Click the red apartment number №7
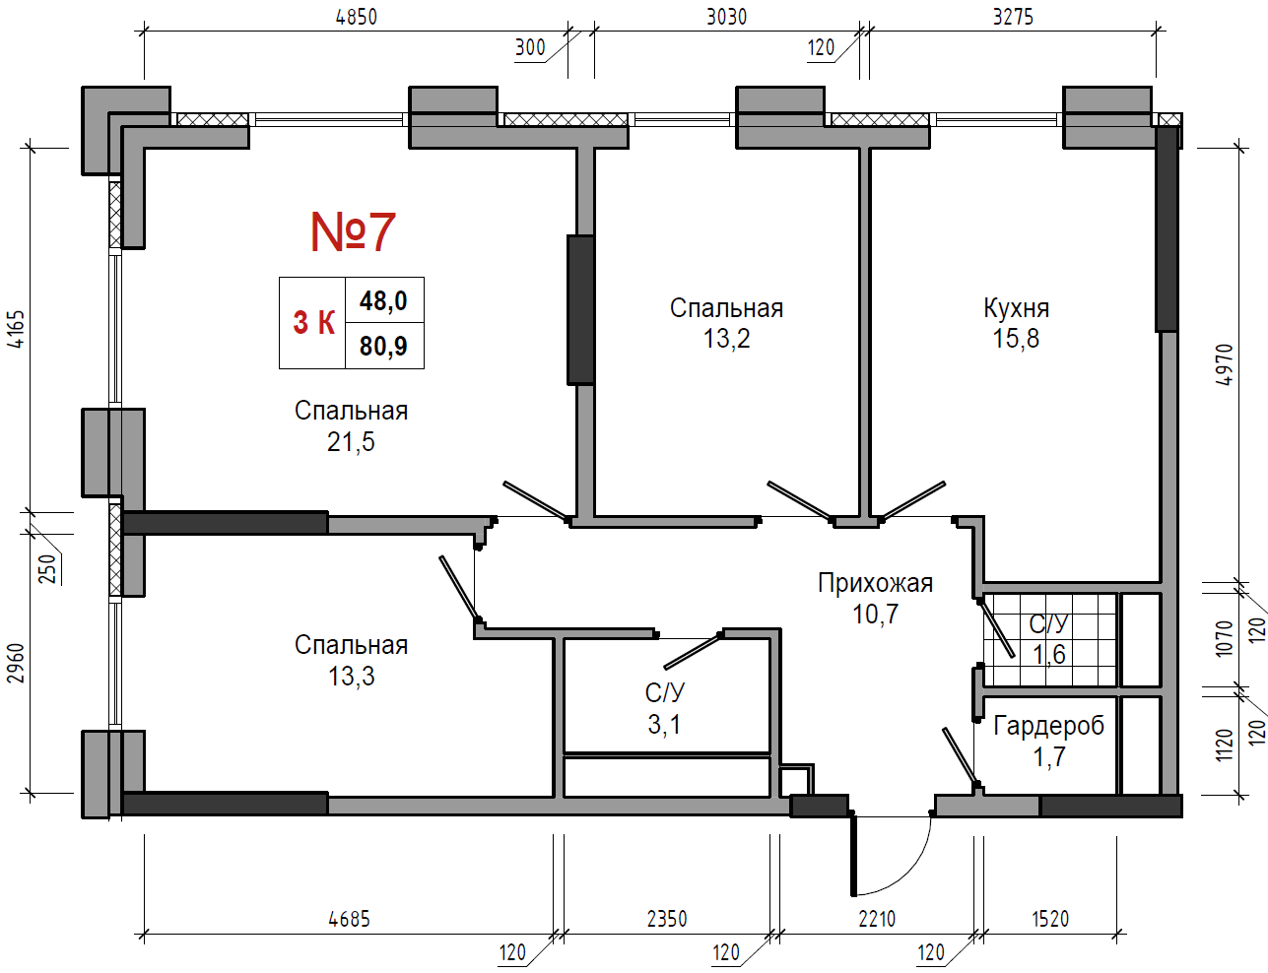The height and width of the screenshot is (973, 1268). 353,231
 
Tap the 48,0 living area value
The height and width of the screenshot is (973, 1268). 383,300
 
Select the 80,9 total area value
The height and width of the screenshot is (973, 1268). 383,346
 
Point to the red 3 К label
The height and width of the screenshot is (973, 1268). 314,322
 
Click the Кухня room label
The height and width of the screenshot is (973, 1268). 1016,308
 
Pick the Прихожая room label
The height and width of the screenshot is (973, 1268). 875,583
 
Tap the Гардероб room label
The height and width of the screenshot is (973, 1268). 1048,726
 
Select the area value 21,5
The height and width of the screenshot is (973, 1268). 351,442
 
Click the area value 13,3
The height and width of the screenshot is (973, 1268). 352,677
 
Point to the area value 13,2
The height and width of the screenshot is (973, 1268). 726,338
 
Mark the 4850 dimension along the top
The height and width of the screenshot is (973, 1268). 357,17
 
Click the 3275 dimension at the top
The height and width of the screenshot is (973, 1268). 1014,17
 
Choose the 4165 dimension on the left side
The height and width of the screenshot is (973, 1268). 17,329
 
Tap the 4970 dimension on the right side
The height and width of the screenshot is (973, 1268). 1226,364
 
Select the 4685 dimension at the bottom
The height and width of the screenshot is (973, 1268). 349,920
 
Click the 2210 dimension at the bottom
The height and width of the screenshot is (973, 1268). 877,920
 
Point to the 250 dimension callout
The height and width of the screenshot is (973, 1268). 49,568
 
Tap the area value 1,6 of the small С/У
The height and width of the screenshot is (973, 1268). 1049,654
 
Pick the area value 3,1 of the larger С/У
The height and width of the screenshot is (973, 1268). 664,725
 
